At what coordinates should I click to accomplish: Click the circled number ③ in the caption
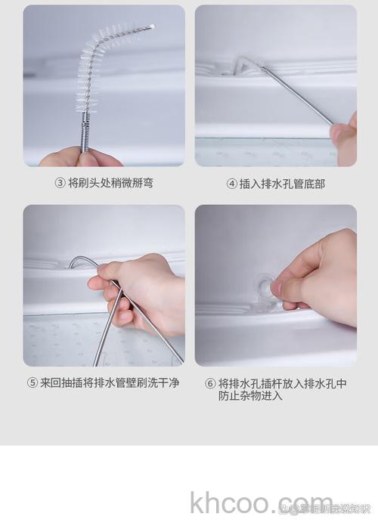click(60, 183)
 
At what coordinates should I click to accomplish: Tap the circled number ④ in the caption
click(232, 184)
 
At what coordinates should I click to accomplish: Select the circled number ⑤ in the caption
click(33, 382)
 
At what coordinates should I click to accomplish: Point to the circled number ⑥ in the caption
click(211, 383)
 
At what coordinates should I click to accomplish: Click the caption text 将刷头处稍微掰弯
click(110, 183)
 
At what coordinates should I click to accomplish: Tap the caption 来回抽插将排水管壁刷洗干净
click(110, 382)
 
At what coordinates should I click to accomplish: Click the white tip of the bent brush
click(153, 26)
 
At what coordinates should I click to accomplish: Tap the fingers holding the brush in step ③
click(79, 157)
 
